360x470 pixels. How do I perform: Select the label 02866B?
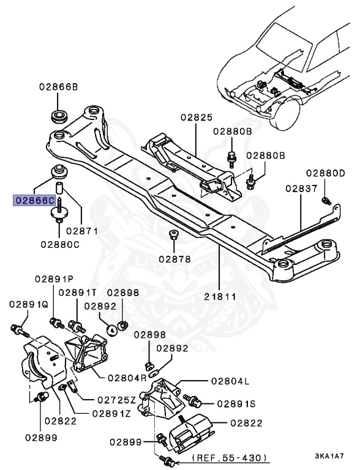coord(59,87)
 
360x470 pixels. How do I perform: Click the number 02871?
coord(82,231)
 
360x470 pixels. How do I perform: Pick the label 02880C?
coord(61,244)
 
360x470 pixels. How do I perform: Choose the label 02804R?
coord(127,378)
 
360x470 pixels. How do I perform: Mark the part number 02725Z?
coord(116,400)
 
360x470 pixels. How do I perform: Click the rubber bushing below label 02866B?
coord(59,116)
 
